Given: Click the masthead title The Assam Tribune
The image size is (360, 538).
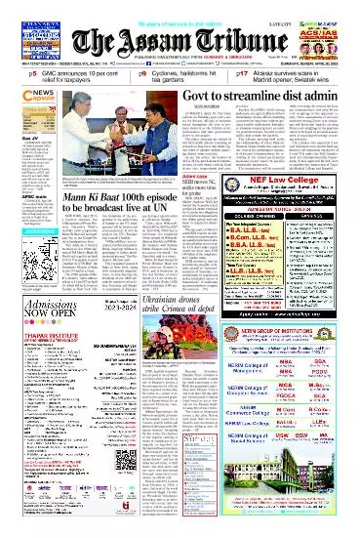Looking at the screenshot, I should [x=180, y=39].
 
